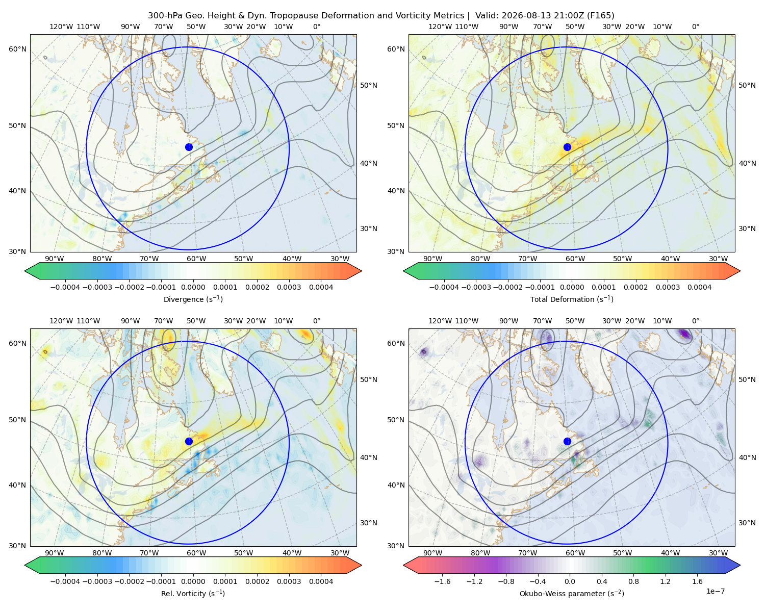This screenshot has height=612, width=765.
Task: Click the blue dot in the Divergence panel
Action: [x=189, y=147]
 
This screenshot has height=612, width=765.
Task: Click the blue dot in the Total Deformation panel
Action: [x=567, y=147]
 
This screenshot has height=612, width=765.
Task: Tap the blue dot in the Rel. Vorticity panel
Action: [x=189, y=441]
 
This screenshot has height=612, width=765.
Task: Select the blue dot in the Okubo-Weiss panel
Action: [x=567, y=441]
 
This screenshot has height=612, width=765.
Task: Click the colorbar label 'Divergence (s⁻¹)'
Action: [x=193, y=299]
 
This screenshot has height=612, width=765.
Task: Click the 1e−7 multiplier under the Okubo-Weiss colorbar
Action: [x=715, y=591]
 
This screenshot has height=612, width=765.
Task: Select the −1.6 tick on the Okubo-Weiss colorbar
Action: [x=442, y=581]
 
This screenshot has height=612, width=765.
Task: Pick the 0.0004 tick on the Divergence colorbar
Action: [x=321, y=287]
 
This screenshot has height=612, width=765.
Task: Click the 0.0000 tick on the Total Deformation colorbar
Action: [x=572, y=287]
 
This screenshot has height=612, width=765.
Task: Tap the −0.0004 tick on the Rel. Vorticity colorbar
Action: [x=65, y=581]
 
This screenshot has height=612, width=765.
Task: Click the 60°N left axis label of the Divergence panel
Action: [x=17, y=49]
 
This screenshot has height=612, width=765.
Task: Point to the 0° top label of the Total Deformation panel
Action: [x=695, y=27]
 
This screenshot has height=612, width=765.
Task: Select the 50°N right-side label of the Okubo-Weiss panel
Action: [x=747, y=379]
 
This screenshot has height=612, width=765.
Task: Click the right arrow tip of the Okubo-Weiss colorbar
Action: [x=740, y=565]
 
